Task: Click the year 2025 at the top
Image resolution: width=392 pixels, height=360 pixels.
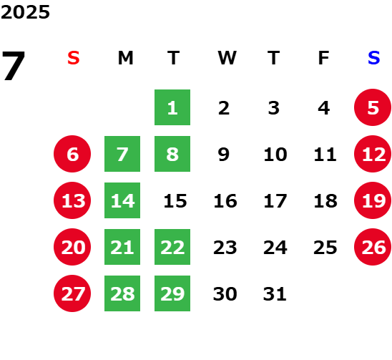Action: [25, 12]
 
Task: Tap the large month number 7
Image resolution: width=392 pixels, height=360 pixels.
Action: [14, 66]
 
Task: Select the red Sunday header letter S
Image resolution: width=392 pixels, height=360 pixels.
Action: [73, 58]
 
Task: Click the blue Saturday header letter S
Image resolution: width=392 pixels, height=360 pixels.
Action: [373, 58]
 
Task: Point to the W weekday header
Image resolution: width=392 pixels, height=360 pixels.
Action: [227, 58]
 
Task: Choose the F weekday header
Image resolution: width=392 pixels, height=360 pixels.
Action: [324, 58]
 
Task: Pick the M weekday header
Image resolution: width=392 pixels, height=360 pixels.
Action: [125, 58]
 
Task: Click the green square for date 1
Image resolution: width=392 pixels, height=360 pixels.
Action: [172, 107]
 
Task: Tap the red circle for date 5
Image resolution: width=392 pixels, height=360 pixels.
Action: [373, 107]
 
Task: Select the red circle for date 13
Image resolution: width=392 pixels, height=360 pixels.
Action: [72, 200]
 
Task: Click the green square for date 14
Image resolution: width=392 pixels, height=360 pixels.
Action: [122, 200]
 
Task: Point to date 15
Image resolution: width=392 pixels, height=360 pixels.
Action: [175, 200]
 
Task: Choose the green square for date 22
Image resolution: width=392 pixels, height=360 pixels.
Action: [172, 247]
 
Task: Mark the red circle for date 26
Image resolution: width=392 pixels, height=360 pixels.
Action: [373, 247]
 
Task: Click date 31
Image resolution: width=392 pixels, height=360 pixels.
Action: [275, 293]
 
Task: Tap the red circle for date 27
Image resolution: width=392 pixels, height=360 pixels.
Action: [72, 293]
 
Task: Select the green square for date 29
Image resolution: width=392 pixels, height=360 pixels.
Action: [172, 293]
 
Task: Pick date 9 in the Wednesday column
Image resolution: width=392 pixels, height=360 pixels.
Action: [223, 154]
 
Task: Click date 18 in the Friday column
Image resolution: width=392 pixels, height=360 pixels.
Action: [325, 200]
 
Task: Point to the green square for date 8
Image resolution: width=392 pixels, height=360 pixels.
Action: [172, 154]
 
